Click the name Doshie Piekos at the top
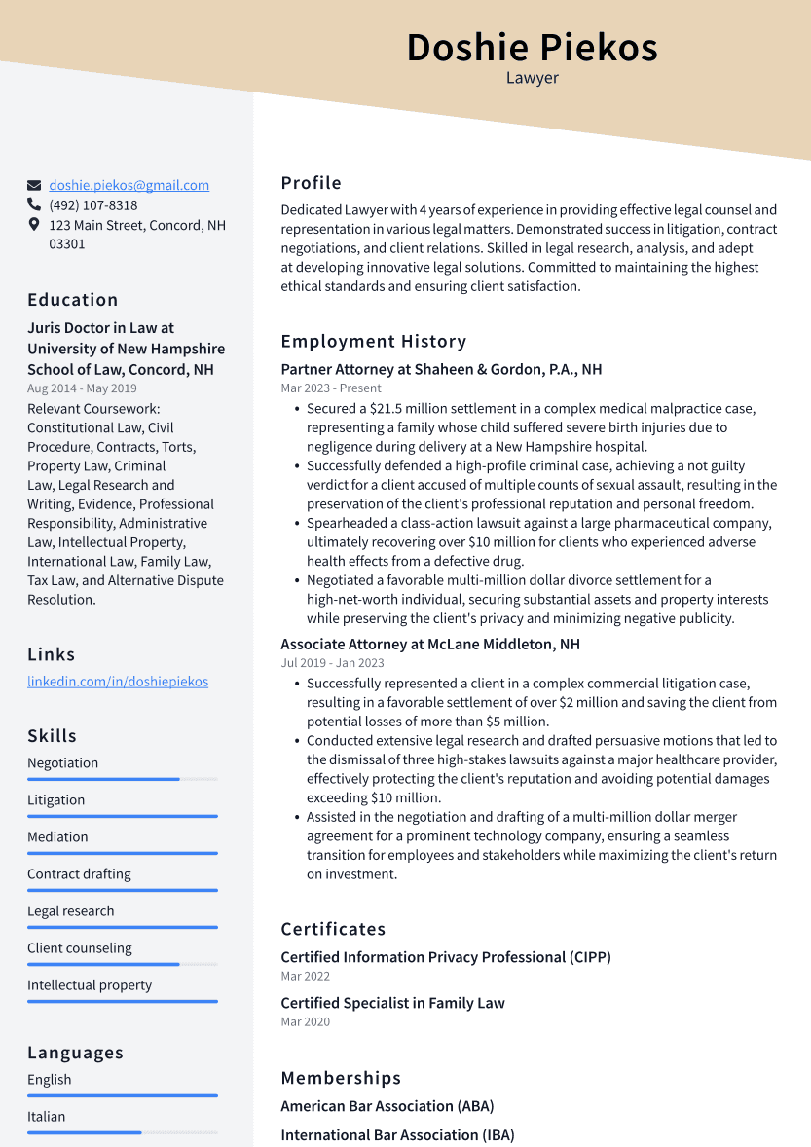click(532, 47)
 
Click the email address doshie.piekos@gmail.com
click(129, 185)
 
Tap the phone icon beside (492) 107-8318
click(34, 205)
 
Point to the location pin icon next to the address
click(34, 225)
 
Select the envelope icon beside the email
click(34, 185)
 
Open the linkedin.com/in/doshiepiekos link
click(117, 682)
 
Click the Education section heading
click(72, 300)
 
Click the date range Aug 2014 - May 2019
click(82, 388)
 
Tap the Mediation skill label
click(57, 836)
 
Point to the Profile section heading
click(311, 183)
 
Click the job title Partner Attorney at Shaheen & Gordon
click(441, 369)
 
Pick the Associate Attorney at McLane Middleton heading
click(429, 644)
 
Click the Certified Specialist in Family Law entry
click(392, 1003)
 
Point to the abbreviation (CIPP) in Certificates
click(589, 957)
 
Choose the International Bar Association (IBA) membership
click(397, 1134)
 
